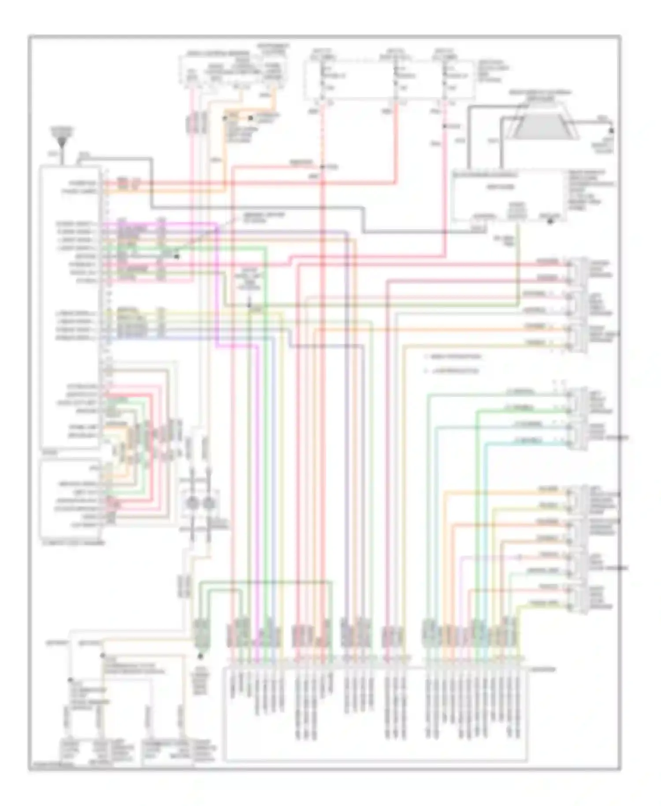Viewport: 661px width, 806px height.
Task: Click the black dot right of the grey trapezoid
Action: [611, 131]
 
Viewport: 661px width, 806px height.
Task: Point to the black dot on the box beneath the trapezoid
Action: [550, 221]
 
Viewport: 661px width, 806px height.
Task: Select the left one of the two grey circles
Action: [193, 502]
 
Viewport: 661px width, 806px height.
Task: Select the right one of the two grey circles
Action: [207, 502]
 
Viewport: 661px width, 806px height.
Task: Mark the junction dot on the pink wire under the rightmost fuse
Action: [445, 127]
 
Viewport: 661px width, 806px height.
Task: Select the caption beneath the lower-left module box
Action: [73, 542]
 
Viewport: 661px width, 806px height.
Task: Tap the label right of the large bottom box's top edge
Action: [543, 669]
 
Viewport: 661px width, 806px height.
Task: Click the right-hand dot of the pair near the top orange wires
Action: [250, 118]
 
